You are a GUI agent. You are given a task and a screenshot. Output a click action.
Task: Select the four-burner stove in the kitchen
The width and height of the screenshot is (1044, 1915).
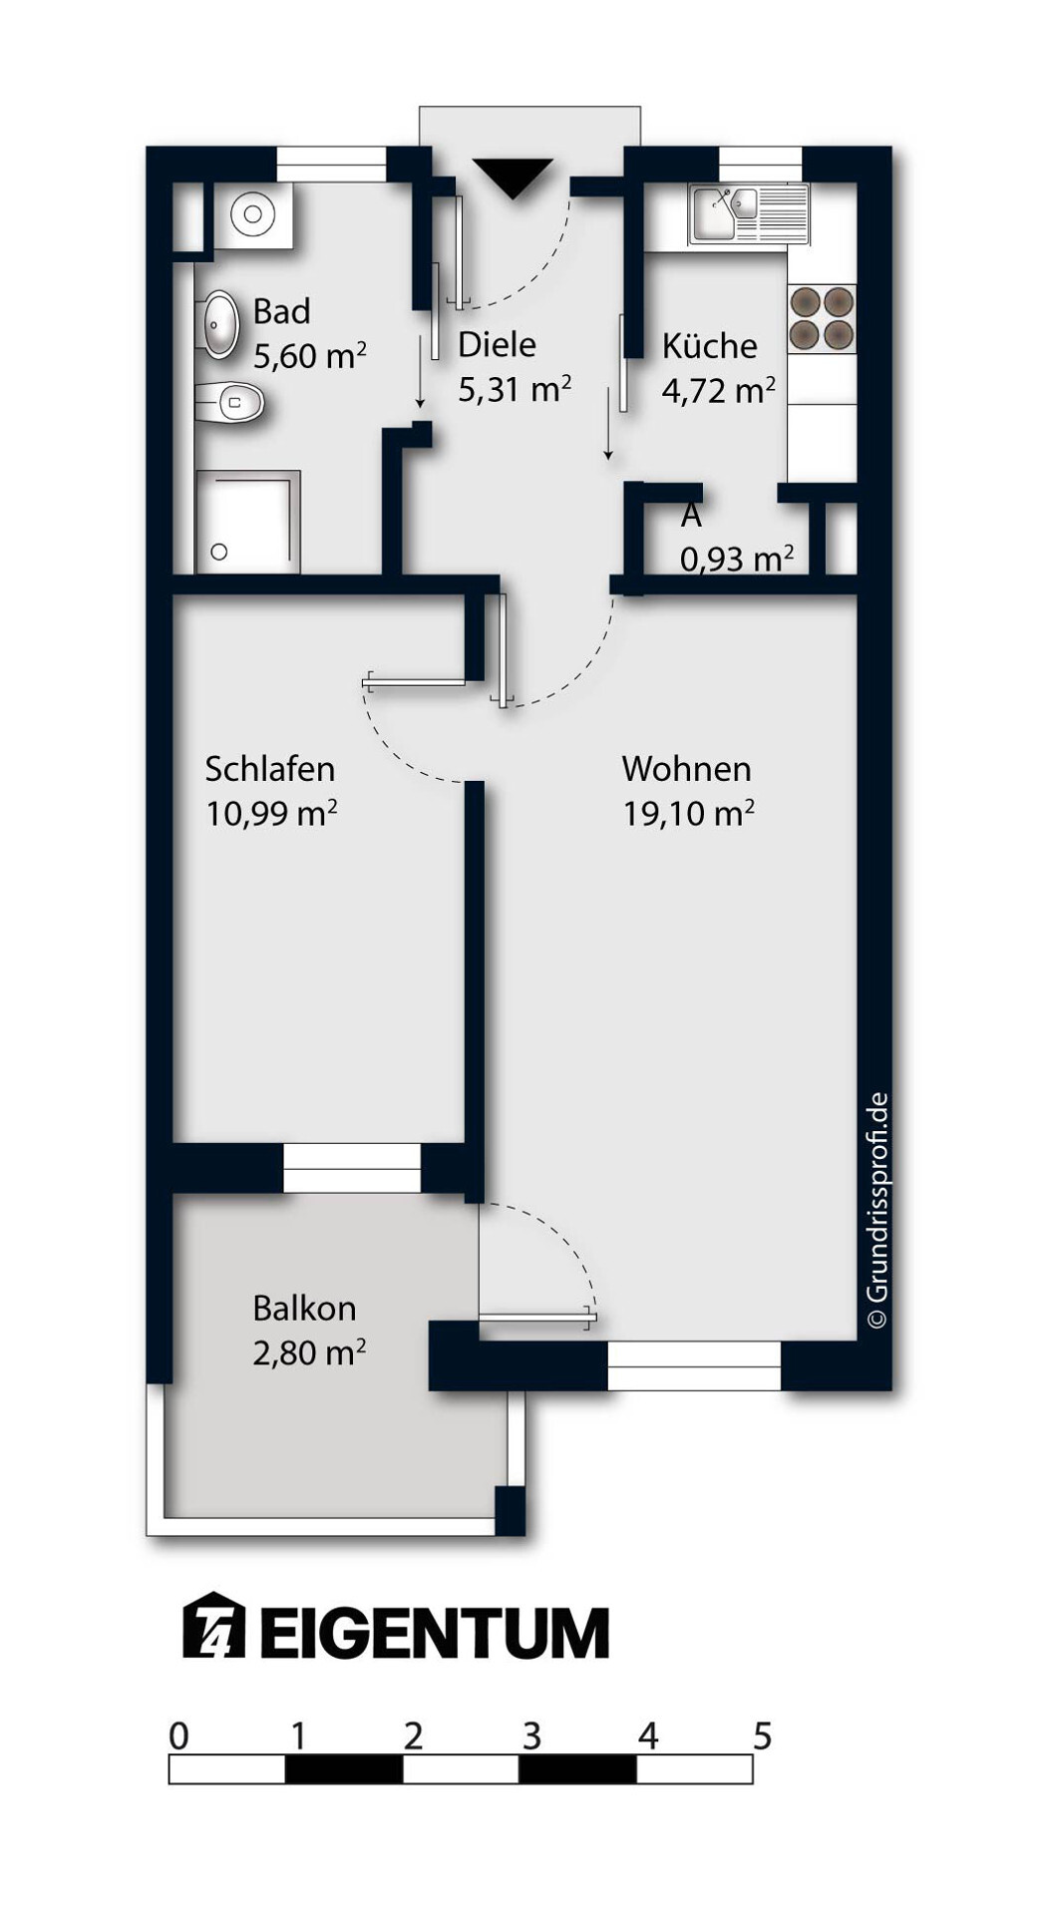coord(822,319)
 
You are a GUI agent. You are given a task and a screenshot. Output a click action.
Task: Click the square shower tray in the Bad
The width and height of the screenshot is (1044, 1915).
coord(247,522)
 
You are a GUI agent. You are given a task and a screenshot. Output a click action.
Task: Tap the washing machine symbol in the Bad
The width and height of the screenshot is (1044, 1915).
coord(253,214)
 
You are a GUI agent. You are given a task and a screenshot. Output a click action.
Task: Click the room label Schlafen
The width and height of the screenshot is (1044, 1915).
coord(269,769)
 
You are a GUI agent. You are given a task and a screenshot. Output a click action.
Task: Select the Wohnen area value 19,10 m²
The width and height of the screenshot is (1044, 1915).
coord(688,814)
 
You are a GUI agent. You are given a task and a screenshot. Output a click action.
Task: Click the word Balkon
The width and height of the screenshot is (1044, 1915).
coord(304,1308)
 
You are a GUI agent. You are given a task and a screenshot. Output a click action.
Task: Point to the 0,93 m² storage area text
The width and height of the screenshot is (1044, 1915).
coord(737,559)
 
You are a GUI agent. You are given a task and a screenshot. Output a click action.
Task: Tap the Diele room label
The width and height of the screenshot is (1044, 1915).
coord(497,345)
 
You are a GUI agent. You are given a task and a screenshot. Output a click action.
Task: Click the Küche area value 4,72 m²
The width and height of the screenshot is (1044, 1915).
coord(718,390)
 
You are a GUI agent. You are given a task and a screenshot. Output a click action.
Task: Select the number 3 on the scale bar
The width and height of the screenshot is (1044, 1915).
coord(531,1736)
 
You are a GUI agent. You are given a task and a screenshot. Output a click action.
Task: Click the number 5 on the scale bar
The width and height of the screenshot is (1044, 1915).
coord(763,1736)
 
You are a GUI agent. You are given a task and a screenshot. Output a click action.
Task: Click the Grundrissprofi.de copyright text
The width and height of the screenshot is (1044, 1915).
coord(877,1211)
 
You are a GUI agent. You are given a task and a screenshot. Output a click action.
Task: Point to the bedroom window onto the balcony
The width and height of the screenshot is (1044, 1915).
coord(352,1168)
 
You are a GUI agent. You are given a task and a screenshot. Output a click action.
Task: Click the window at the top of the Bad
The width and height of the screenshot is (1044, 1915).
coord(331,165)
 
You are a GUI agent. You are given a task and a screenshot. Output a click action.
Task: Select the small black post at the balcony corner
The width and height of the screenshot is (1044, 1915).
coord(510,1510)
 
